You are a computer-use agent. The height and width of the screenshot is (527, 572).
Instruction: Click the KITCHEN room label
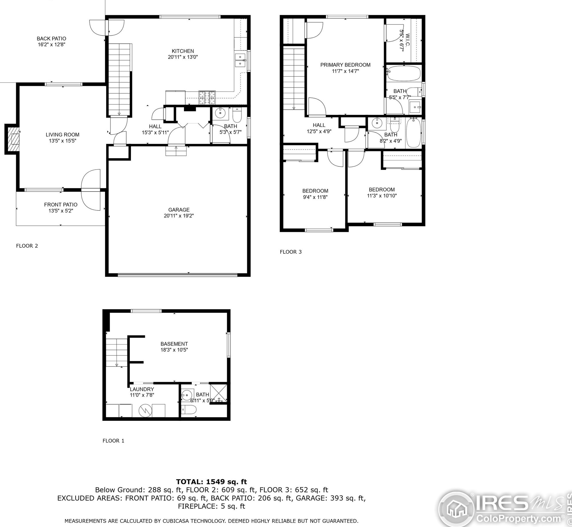point(183,51)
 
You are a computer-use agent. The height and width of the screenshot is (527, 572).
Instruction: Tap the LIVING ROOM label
point(63,135)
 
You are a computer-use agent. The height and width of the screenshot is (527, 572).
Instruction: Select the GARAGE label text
point(179,210)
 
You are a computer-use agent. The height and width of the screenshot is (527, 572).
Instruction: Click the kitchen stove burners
point(207,97)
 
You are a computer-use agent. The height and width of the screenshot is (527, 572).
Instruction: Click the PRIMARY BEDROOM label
point(345,65)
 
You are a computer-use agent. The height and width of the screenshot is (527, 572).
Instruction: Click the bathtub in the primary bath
point(404,73)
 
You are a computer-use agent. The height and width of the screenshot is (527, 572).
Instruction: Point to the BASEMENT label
point(174,344)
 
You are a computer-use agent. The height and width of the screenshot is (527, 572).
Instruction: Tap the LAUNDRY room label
point(142,389)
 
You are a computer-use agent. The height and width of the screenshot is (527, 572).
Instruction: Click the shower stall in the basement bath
point(219,393)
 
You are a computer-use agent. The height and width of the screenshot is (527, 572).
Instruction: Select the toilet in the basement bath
point(189,410)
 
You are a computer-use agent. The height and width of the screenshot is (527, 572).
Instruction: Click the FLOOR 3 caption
point(291,252)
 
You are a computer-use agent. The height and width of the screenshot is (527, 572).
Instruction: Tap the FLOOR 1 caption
point(113,441)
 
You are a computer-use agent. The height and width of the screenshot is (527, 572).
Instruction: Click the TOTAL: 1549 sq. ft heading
point(212,482)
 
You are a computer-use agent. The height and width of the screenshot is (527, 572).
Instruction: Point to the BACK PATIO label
point(51,38)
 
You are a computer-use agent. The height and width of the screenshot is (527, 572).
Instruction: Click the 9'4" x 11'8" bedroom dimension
point(315,197)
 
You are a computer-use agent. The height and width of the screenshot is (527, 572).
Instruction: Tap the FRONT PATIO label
point(61,205)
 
